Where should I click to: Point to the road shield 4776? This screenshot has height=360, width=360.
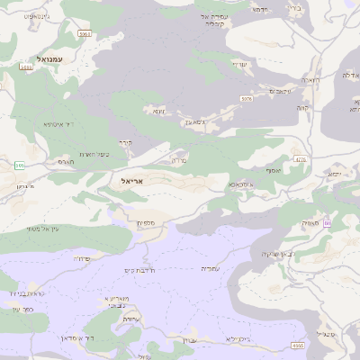[x=301, y=159]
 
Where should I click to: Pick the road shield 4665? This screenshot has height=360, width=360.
[x=298, y=345]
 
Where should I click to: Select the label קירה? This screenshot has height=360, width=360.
[x=125, y=141]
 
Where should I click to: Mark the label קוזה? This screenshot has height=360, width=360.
[x=302, y=107]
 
